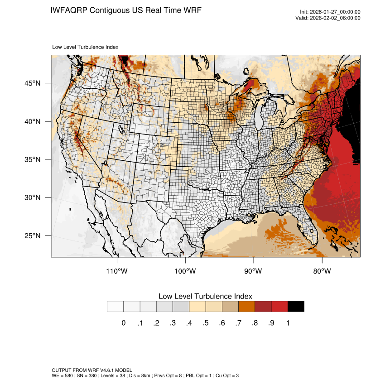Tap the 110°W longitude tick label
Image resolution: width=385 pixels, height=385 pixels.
tap(117, 271)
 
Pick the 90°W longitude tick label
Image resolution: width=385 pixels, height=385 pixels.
tap(253, 271)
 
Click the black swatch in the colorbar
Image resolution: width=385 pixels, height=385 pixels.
tap(296, 307)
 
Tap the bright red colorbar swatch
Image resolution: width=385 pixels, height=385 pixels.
tap(279, 307)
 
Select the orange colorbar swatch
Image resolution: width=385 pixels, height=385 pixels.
tap(247, 307)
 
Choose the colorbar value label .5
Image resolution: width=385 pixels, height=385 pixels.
tap(205, 323)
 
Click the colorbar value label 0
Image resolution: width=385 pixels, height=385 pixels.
tap(123, 323)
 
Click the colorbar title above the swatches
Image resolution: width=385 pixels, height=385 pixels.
tap(205, 296)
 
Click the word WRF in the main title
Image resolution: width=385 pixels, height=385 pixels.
tap(191, 10)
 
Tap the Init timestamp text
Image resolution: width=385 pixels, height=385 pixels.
tap(330, 12)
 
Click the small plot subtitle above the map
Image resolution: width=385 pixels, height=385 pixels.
tap(85, 47)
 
